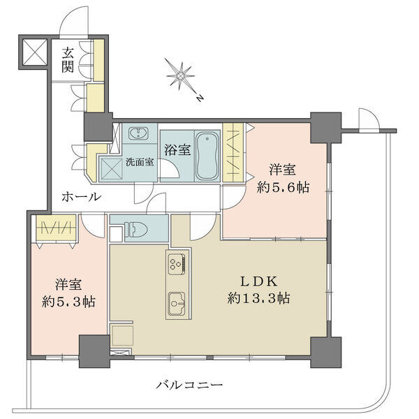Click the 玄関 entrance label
(x=68, y=60)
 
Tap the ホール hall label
(x=82, y=197)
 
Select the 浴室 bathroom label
(x=177, y=150)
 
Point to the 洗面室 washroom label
(x=140, y=162)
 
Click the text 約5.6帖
(x=283, y=188)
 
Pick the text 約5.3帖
(x=68, y=302)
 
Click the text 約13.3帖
(x=258, y=298)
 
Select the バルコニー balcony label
(x=189, y=385)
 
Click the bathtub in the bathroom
(x=207, y=156)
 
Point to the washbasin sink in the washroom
(x=138, y=133)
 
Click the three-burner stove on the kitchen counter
(x=177, y=264)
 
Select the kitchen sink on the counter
(x=177, y=303)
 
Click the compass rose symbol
(x=180, y=75)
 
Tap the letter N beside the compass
(x=199, y=98)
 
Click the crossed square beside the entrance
(x=35, y=52)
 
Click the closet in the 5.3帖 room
(x=56, y=228)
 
